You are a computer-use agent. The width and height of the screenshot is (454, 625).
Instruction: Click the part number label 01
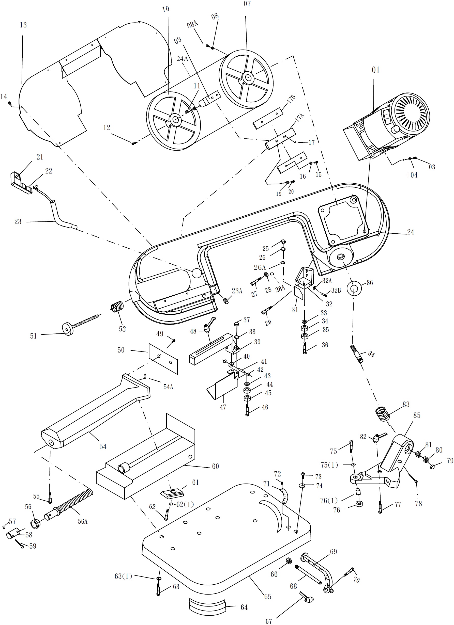[x=376, y=70]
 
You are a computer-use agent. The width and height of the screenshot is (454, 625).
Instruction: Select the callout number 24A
[x=182, y=59]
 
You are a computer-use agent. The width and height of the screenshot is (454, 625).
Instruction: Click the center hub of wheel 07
[x=248, y=77]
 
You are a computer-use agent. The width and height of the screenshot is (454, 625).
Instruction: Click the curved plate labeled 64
[x=207, y=606]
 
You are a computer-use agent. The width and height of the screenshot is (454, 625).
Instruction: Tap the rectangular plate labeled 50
[x=163, y=358]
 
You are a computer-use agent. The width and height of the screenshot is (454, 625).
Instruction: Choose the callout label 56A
[x=82, y=521]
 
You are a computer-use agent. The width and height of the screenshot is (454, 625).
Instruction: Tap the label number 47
[x=223, y=407]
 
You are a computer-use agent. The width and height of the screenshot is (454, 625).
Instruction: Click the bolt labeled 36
[x=305, y=348]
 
